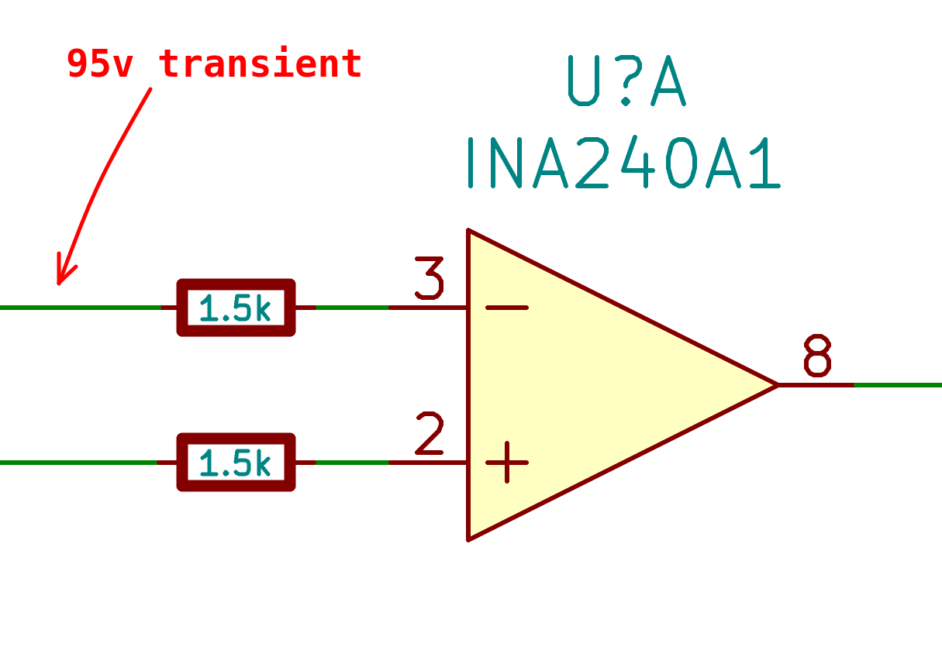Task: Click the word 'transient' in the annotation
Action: click(261, 64)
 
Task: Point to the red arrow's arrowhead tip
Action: click(59, 284)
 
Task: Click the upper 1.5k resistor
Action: click(236, 308)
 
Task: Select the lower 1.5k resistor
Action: click(236, 463)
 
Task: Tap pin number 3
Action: click(429, 279)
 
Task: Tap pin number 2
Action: click(429, 434)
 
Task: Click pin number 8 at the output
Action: click(817, 356)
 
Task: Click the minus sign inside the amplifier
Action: click(506, 308)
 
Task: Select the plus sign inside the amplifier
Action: click(506, 463)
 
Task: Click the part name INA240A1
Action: click(623, 163)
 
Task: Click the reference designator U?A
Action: click(627, 81)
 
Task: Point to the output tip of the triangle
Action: click(777, 384)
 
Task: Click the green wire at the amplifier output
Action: click(899, 384)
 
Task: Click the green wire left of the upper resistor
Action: click(78, 308)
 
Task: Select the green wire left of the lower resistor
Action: click(78, 463)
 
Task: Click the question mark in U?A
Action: click(627, 81)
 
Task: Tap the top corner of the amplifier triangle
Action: click(468, 231)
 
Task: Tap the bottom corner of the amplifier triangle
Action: click(468, 539)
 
